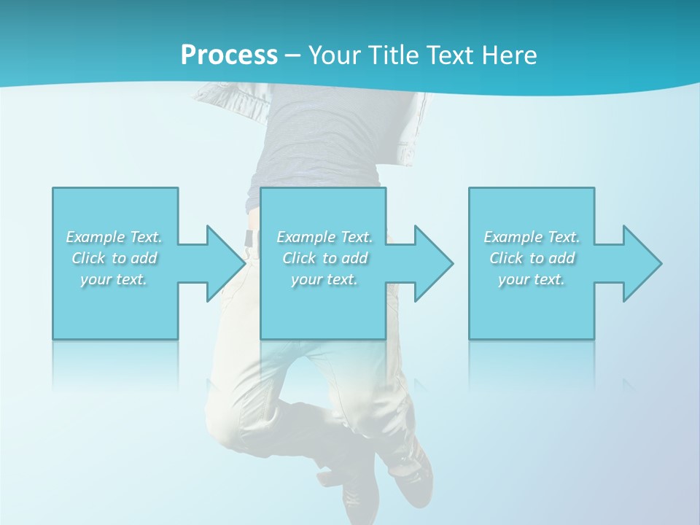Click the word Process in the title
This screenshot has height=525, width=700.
click(229, 55)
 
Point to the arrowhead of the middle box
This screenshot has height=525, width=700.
click(432, 263)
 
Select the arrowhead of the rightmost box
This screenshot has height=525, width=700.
click(641, 263)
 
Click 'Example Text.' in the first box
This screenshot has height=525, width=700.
click(114, 237)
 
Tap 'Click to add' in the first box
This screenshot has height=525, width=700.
click(114, 258)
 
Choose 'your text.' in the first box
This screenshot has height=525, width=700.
click(114, 279)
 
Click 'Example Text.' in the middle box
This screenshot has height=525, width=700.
click(324, 237)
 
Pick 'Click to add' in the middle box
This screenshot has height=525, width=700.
click(324, 258)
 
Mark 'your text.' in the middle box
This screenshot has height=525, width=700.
click(324, 279)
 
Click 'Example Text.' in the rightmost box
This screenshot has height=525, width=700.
click(532, 237)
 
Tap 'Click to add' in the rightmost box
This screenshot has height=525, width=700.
click(532, 258)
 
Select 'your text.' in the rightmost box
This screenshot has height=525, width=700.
click(532, 279)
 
